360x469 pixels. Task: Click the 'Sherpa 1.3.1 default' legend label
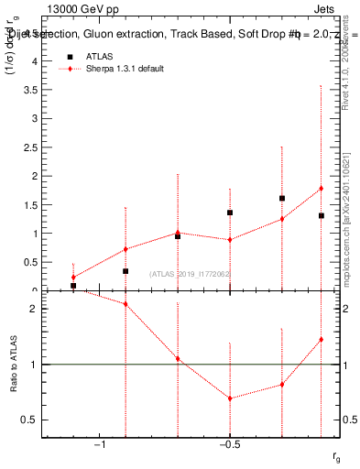click(126, 70)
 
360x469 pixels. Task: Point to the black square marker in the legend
click(70, 56)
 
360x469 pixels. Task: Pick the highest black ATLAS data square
click(282, 198)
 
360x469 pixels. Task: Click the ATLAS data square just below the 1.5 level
click(230, 213)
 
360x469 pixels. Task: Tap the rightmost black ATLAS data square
click(322, 215)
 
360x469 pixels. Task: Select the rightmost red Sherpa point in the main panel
click(322, 189)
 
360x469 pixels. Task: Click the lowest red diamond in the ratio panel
click(230, 398)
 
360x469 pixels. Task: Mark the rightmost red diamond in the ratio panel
click(322, 340)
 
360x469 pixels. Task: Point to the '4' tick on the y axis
click(36, 61)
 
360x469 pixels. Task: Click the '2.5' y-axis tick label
click(32, 147)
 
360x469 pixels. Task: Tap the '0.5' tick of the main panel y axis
click(32, 262)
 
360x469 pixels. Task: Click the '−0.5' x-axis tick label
click(229, 445)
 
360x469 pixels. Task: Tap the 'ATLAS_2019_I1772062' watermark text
click(189, 274)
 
